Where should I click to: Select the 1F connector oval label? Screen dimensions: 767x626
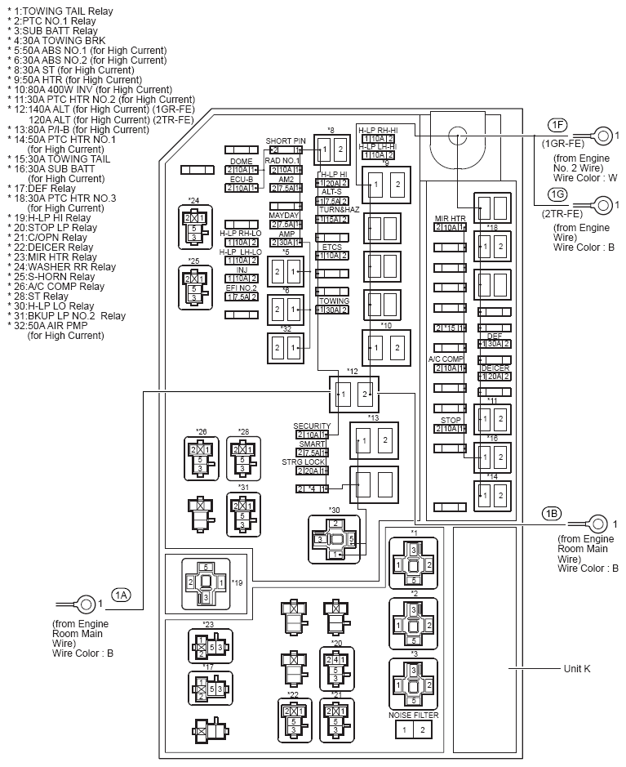click(x=557, y=124)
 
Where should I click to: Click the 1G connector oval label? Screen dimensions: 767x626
click(x=557, y=194)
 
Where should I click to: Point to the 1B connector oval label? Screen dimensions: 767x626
click(x=552, y=513)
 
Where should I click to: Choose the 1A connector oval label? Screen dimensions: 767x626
click(x=122, y=595)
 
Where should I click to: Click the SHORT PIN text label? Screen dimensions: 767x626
click(x=285, y=140)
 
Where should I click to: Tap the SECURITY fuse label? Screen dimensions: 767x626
click(x=312, y=426)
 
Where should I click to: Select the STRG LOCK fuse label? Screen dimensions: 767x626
click(x=304, y=462)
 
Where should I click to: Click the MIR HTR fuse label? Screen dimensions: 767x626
click(x=451, y=218)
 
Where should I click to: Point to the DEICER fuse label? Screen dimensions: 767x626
click(x=495, y=368)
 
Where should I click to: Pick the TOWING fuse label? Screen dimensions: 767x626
click(x=335, y=301)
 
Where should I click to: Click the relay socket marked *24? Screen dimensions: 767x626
click(x=193, y=224)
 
